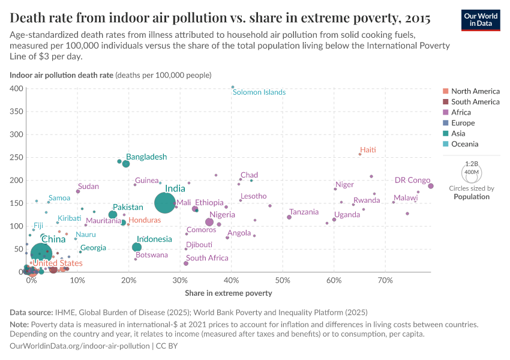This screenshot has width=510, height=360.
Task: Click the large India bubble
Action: (166, 203)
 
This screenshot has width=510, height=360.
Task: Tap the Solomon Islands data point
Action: (233, 87)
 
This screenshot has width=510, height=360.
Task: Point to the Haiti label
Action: (368, 150)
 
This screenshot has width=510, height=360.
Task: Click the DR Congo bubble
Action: (431, 186)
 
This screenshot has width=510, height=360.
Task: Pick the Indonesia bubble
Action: (137, 247)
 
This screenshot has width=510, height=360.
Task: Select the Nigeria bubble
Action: (209, 222)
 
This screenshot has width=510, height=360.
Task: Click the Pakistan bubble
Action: (113, 215)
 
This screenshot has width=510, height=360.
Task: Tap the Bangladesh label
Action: (146, 157)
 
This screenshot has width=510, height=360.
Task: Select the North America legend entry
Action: (475, 91)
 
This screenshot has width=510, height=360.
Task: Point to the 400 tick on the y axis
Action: (16, 89)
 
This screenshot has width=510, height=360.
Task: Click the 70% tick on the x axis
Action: (385, 280)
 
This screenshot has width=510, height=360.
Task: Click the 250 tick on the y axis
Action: (16, 157)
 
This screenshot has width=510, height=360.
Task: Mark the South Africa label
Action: (208, 258)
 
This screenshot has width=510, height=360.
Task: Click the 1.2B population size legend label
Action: (472, 163)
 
